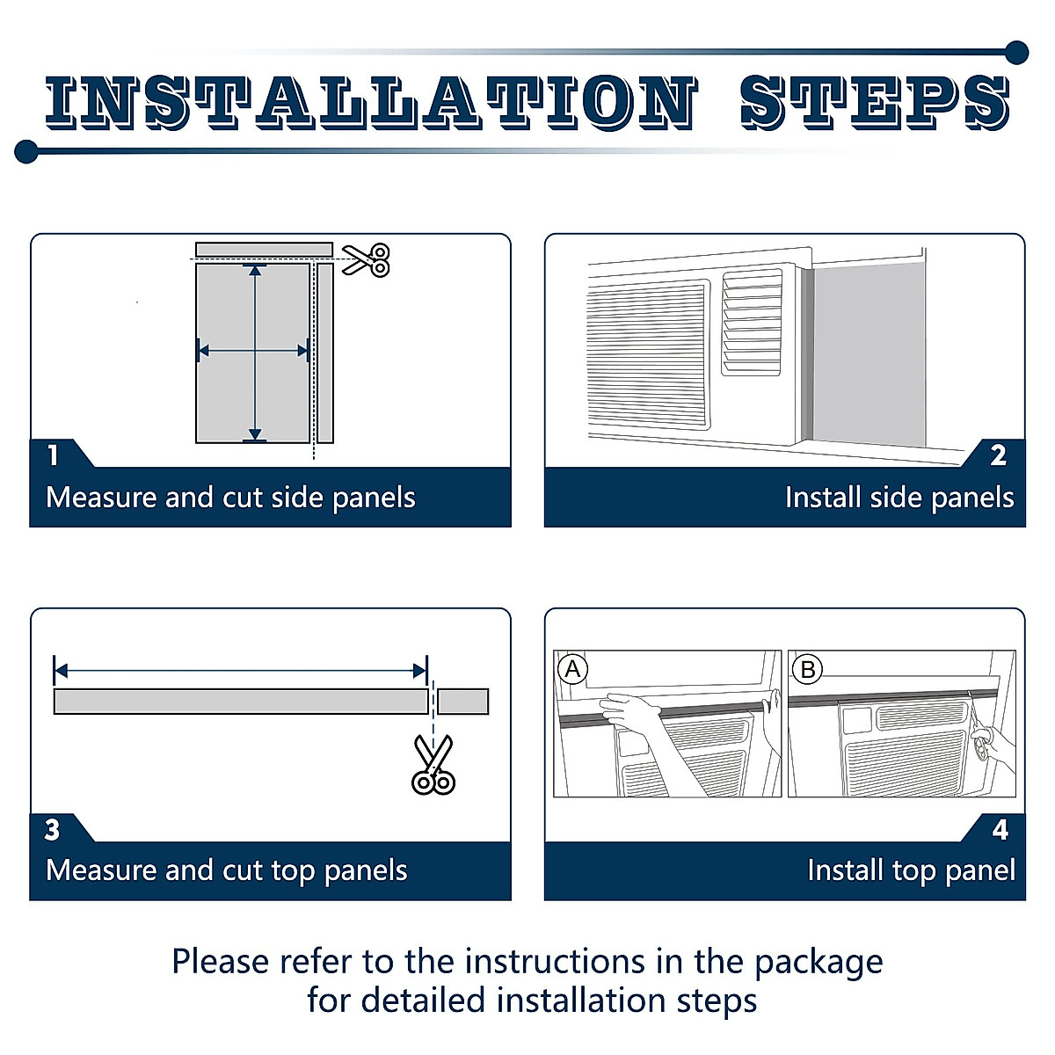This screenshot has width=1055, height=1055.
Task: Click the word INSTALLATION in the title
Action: click(x=372, y=102)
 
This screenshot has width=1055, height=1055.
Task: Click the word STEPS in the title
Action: click(x=874, y=102)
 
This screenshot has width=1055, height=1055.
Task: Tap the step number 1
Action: click(x=53, y=455)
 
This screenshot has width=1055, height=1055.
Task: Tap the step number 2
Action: click(x=998, y=455)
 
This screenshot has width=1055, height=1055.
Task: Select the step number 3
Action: click(x=52, y=830)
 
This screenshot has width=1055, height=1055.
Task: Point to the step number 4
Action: click(x=1000, y=830)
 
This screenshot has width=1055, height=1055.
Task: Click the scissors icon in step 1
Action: click(x=366, y=259)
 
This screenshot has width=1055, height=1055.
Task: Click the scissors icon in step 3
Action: click(x=433, y=764)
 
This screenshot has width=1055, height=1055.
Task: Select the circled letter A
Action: click(x=572, y=669)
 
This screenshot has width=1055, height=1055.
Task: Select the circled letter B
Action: click(x=808, y=669)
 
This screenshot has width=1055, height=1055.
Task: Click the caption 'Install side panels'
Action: click(x=899, y=498)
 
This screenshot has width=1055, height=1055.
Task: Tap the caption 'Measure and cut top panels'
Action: click(x=227, y=871)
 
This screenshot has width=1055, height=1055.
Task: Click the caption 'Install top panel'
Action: click(x=912, y=871)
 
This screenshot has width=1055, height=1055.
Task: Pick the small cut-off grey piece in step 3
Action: click(x=463, y=702)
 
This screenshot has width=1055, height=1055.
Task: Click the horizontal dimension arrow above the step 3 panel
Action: click(x=240, y=671)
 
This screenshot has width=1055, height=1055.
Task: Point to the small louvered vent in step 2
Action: click(x=752, y=323)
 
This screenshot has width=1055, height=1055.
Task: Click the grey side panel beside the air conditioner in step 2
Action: click(x=869, y=353)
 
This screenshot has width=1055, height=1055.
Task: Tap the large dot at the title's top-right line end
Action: click(x=1016, y=53)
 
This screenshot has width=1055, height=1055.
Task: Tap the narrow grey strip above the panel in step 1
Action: click(x=264, y=250)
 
